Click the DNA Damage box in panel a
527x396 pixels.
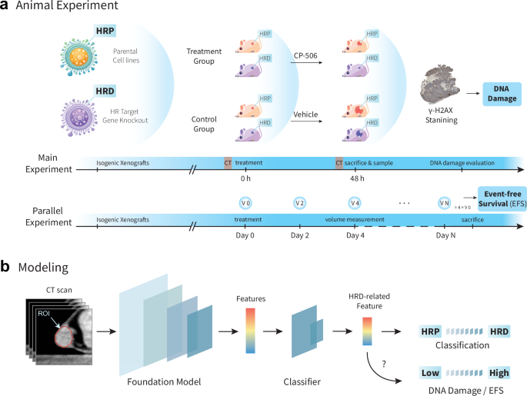click(x=499, y=94)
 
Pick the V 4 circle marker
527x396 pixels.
click(x=354, y=202)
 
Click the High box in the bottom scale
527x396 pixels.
click(x=499, y=372)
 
